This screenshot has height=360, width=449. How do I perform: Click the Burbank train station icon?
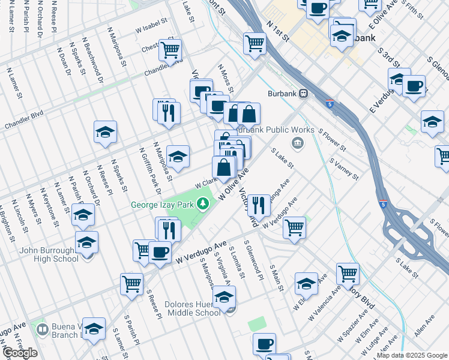click(304, 94)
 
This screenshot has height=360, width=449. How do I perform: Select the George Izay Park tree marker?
click(203, 205)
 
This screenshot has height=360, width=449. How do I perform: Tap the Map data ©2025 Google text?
click(412, 355)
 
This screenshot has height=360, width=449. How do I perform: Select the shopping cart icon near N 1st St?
click(255, 43)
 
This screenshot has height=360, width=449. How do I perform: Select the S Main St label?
click(276, 278)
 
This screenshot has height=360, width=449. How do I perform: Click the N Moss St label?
click(225, 75)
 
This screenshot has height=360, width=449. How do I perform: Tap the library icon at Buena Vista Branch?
click(42, 329)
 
